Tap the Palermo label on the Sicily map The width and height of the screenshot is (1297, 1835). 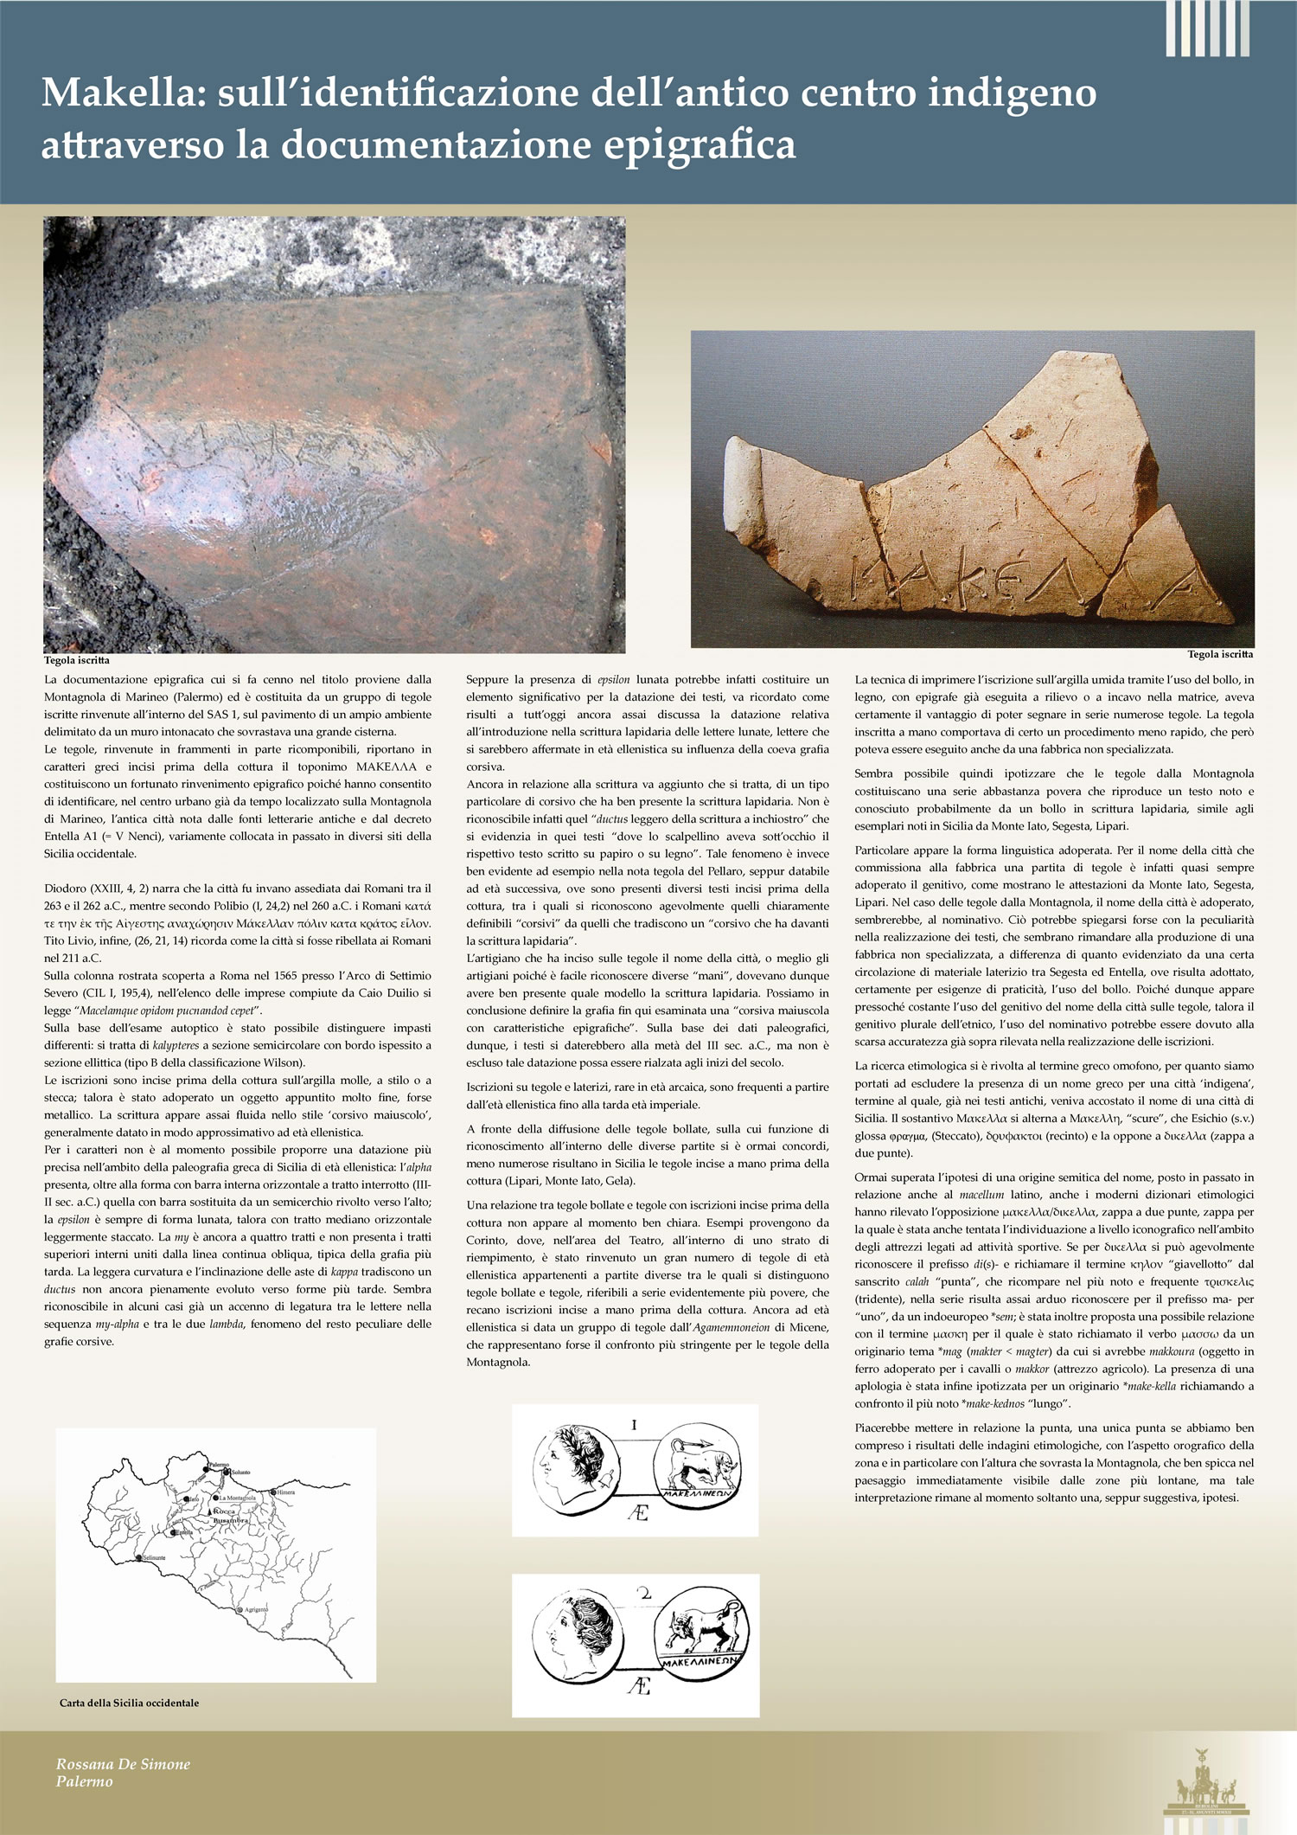click(218, 1465)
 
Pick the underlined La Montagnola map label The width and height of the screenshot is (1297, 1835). click(237, 1498)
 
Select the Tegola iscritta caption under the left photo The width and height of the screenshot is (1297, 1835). click(77, 661)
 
